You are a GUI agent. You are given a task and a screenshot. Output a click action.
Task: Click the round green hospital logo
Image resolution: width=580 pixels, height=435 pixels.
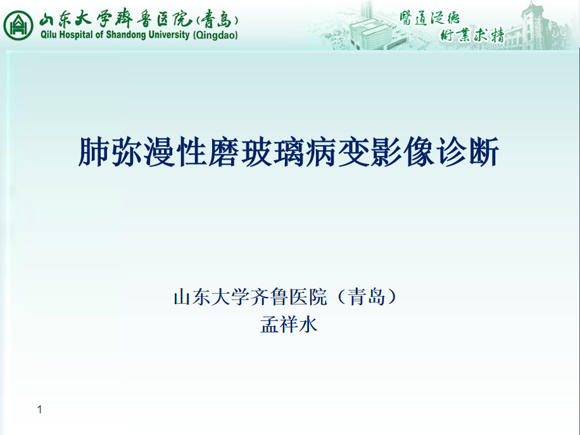18,25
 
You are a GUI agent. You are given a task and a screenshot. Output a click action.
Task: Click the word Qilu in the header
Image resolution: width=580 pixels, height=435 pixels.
49,35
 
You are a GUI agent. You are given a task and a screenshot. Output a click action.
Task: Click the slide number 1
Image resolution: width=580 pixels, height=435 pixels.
40,410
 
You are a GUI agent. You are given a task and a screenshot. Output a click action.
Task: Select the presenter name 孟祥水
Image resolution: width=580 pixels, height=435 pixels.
289,325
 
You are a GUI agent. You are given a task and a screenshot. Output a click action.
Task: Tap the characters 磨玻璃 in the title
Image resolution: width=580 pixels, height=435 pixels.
256,152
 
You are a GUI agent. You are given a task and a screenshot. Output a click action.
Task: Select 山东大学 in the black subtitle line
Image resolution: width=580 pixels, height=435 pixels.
211,297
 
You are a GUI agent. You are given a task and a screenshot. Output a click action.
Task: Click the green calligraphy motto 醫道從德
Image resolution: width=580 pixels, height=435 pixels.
429,18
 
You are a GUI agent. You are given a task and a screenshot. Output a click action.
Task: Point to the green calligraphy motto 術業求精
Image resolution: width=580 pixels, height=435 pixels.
472,35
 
